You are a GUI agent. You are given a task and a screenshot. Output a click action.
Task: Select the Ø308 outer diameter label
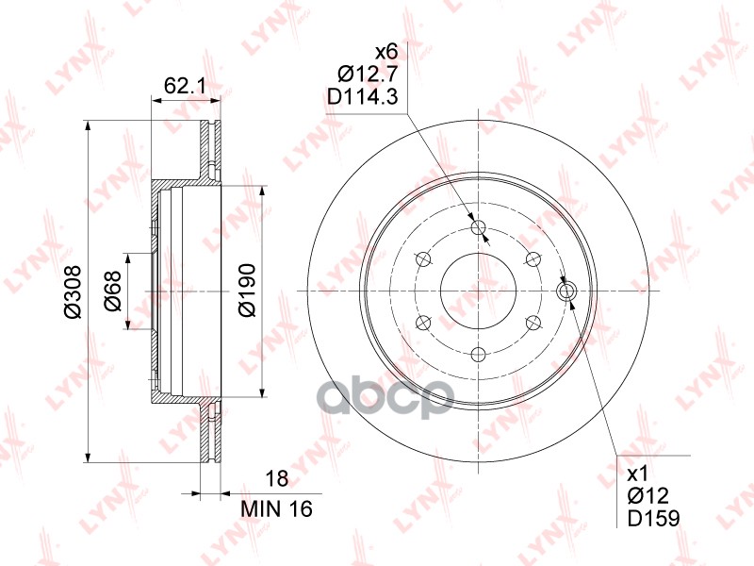(x=74, y=291)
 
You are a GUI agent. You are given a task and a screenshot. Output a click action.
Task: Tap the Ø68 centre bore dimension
(x=113, y=291)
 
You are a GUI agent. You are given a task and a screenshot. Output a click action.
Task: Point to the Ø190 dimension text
(x=247, y=291)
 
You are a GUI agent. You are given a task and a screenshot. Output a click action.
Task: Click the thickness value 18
(x=277, y=479)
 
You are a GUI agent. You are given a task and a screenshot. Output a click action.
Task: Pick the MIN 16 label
(x=276, y=508)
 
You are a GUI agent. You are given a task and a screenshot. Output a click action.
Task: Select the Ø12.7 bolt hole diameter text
(x=368, y=75)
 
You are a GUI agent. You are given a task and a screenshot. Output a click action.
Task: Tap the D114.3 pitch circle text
(x=363, y=98)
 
